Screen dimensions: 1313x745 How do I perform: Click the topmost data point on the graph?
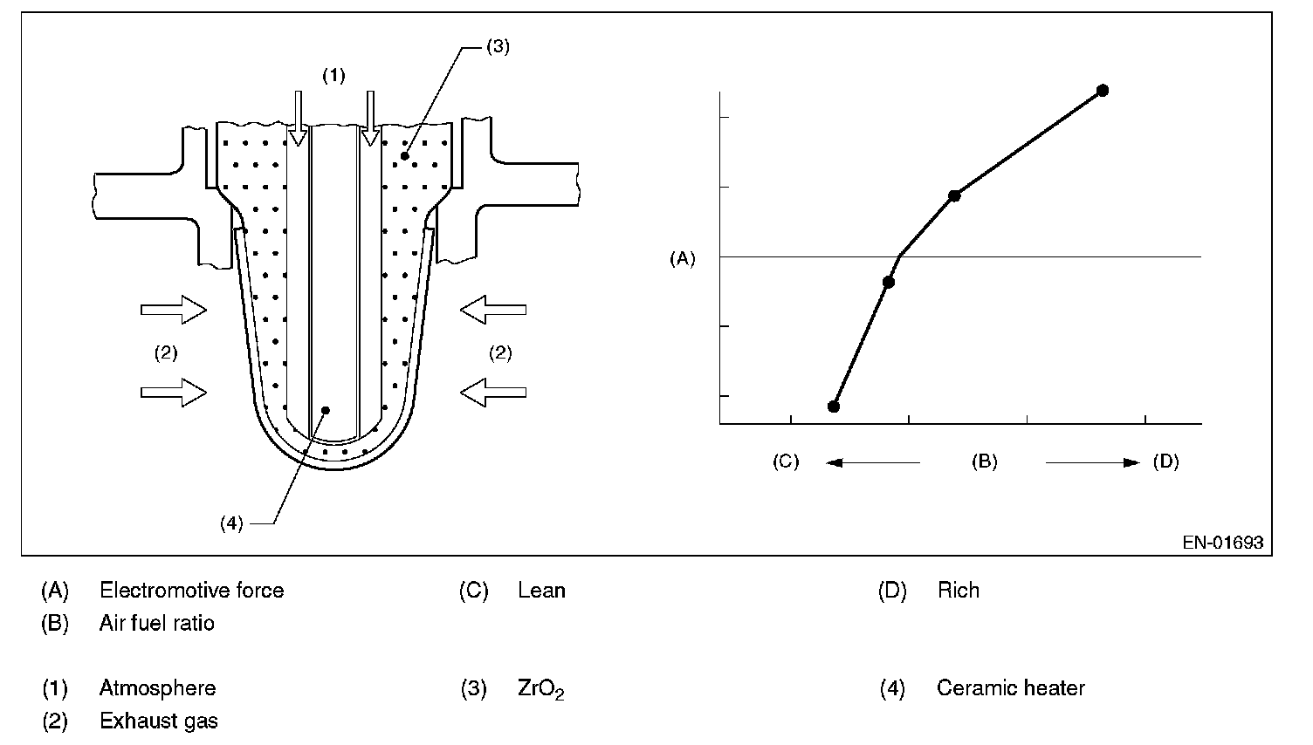tap(1103, 90)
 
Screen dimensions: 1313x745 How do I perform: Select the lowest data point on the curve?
tap(834, 407)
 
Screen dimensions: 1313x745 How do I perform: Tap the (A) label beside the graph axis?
tap(683, 258)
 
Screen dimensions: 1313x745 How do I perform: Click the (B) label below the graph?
tap(984, 461)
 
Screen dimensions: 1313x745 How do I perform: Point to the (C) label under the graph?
tap(786, 461)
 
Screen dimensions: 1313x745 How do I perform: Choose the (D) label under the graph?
tap(1165, 461)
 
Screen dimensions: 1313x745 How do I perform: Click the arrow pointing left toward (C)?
tap(873, 462)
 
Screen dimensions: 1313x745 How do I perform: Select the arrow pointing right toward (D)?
tap(1093, 462)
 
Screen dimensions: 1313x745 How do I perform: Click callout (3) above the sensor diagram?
tap(498, 46)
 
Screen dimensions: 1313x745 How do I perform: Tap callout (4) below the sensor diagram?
tap(231, 523)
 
